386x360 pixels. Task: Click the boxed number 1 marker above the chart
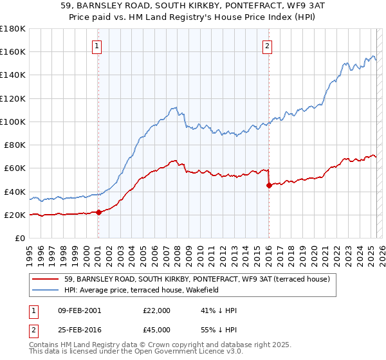[96, 46]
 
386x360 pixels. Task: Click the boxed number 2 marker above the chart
[267, 46]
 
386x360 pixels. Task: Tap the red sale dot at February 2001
[98, 212]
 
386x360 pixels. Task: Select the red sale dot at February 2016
[269, 185]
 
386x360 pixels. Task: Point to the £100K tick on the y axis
[13, 122]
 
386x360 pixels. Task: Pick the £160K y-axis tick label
[13, 51]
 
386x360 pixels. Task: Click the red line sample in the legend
[46, 280]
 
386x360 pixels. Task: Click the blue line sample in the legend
[46, 291]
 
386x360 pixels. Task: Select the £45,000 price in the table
[157, 329]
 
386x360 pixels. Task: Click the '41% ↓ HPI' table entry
[219, 310]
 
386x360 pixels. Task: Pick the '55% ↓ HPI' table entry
[219, 329]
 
